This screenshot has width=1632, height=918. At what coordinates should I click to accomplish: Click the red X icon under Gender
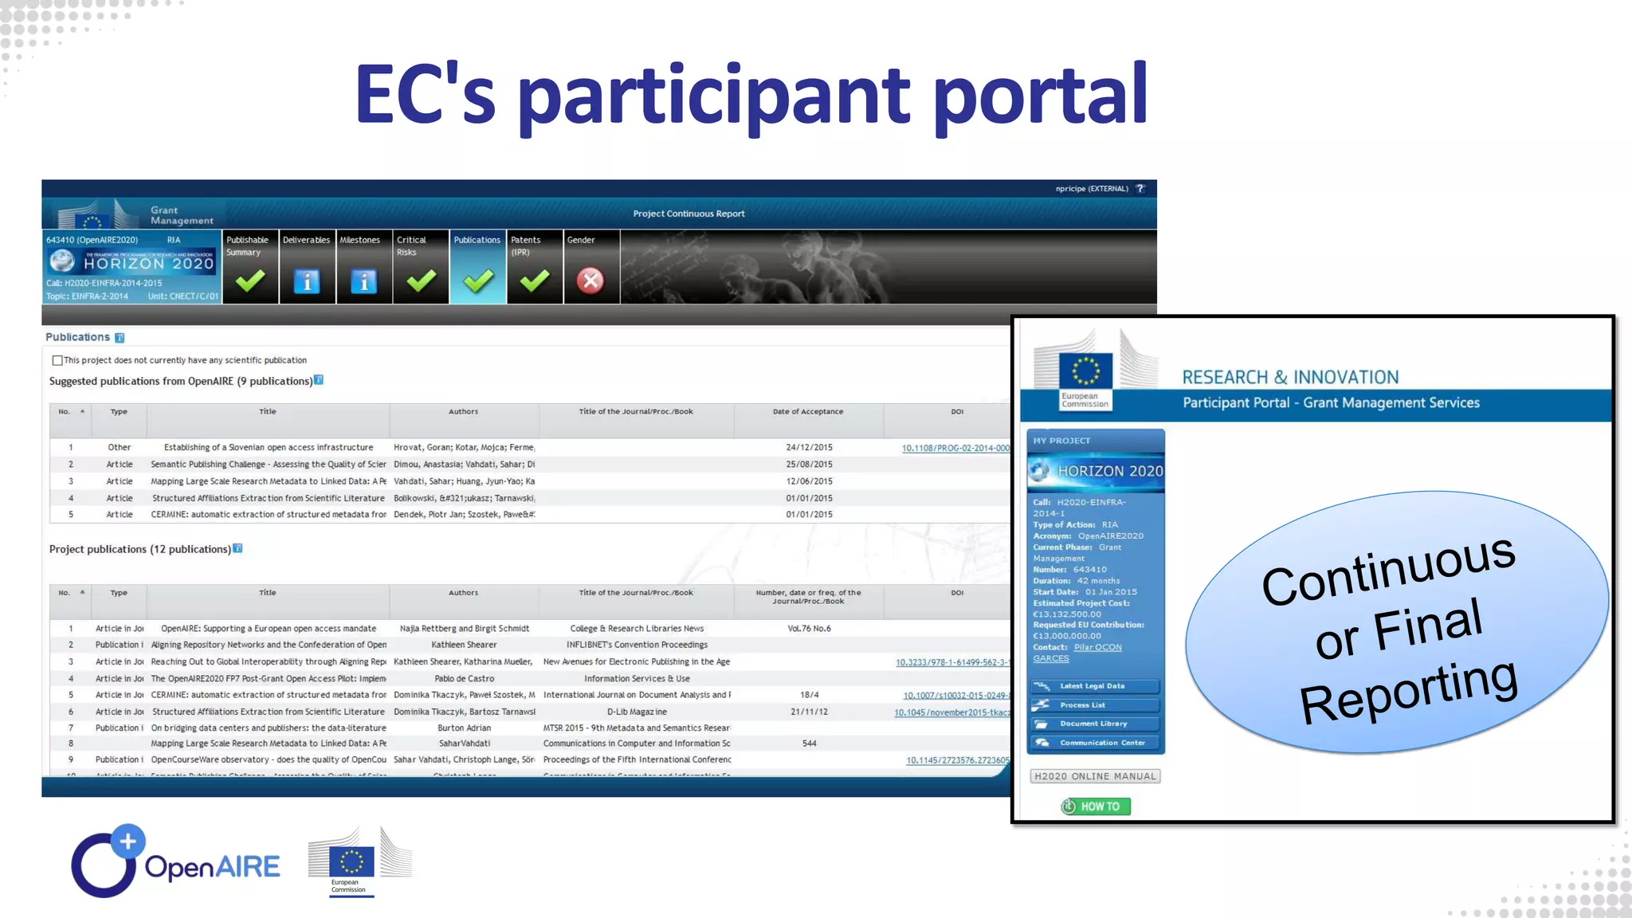(590, 280)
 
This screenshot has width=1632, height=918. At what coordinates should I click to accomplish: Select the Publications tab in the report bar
(477, 240)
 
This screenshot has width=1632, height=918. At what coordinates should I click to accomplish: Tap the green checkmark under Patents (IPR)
(535, 280)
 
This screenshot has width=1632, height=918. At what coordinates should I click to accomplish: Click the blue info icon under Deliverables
(307, 281)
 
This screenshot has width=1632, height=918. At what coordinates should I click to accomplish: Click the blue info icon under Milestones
(363, 281)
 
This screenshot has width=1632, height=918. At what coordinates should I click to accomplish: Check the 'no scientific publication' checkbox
(57, 360)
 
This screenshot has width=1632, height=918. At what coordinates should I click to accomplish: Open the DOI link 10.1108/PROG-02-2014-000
(955, 448)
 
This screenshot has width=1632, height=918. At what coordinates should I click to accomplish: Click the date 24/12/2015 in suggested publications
(809, 448)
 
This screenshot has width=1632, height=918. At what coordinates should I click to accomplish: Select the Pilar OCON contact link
(1097, 647)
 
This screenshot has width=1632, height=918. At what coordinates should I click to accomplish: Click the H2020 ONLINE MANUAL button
(1095, 776)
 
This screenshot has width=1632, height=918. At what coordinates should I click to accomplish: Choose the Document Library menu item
(1093, 724)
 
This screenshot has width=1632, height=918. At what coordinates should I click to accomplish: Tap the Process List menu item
(1082, 705)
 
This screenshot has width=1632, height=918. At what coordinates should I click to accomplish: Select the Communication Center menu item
(1102, 743)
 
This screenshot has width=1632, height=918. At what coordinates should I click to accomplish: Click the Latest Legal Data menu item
(1092, 686)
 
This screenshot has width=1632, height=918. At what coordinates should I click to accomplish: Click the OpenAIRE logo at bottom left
(176, 862)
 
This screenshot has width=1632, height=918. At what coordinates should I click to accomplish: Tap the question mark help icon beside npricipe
(1140, 189)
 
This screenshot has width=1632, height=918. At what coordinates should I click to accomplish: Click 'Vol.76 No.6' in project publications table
(809, 629)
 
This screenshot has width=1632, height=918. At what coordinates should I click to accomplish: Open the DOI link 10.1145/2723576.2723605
(957, 760)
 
